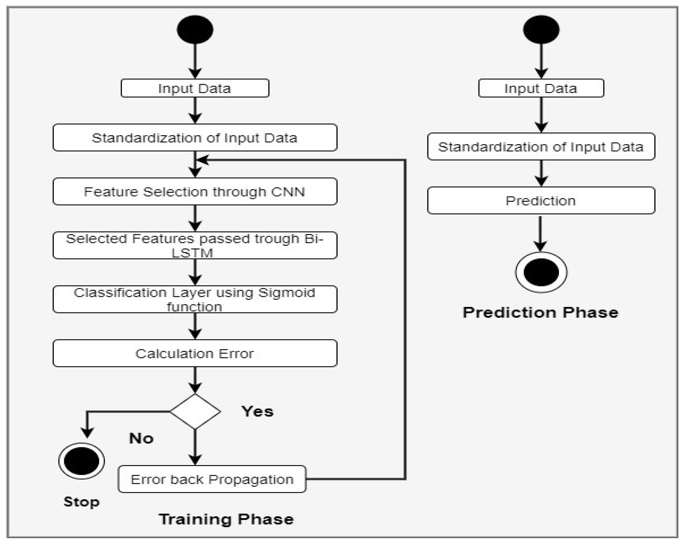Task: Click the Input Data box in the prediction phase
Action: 541,88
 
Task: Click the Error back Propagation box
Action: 212,479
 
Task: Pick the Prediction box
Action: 541,200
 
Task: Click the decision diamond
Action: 195,412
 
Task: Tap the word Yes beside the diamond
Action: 257,412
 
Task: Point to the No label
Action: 141,438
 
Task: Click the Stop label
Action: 81,502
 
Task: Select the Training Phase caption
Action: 226,519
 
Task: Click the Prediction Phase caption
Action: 540,312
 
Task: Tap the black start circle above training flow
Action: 195,30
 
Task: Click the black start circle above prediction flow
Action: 541,30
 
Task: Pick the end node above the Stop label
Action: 81,461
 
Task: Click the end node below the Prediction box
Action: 541,272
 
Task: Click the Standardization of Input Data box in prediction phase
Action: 541,146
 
